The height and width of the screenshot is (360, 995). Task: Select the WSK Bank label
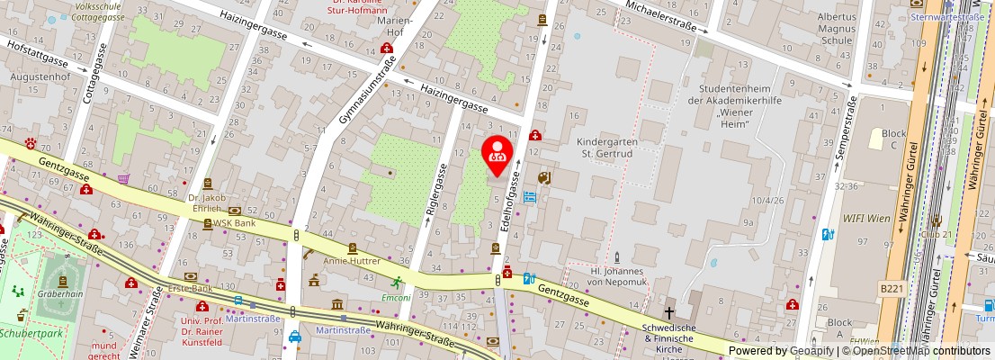point(235,222)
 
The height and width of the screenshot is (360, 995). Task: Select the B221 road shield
point(889,287)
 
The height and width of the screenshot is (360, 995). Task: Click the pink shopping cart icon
point(123,178)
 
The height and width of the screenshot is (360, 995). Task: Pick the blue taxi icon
point(295,337)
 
